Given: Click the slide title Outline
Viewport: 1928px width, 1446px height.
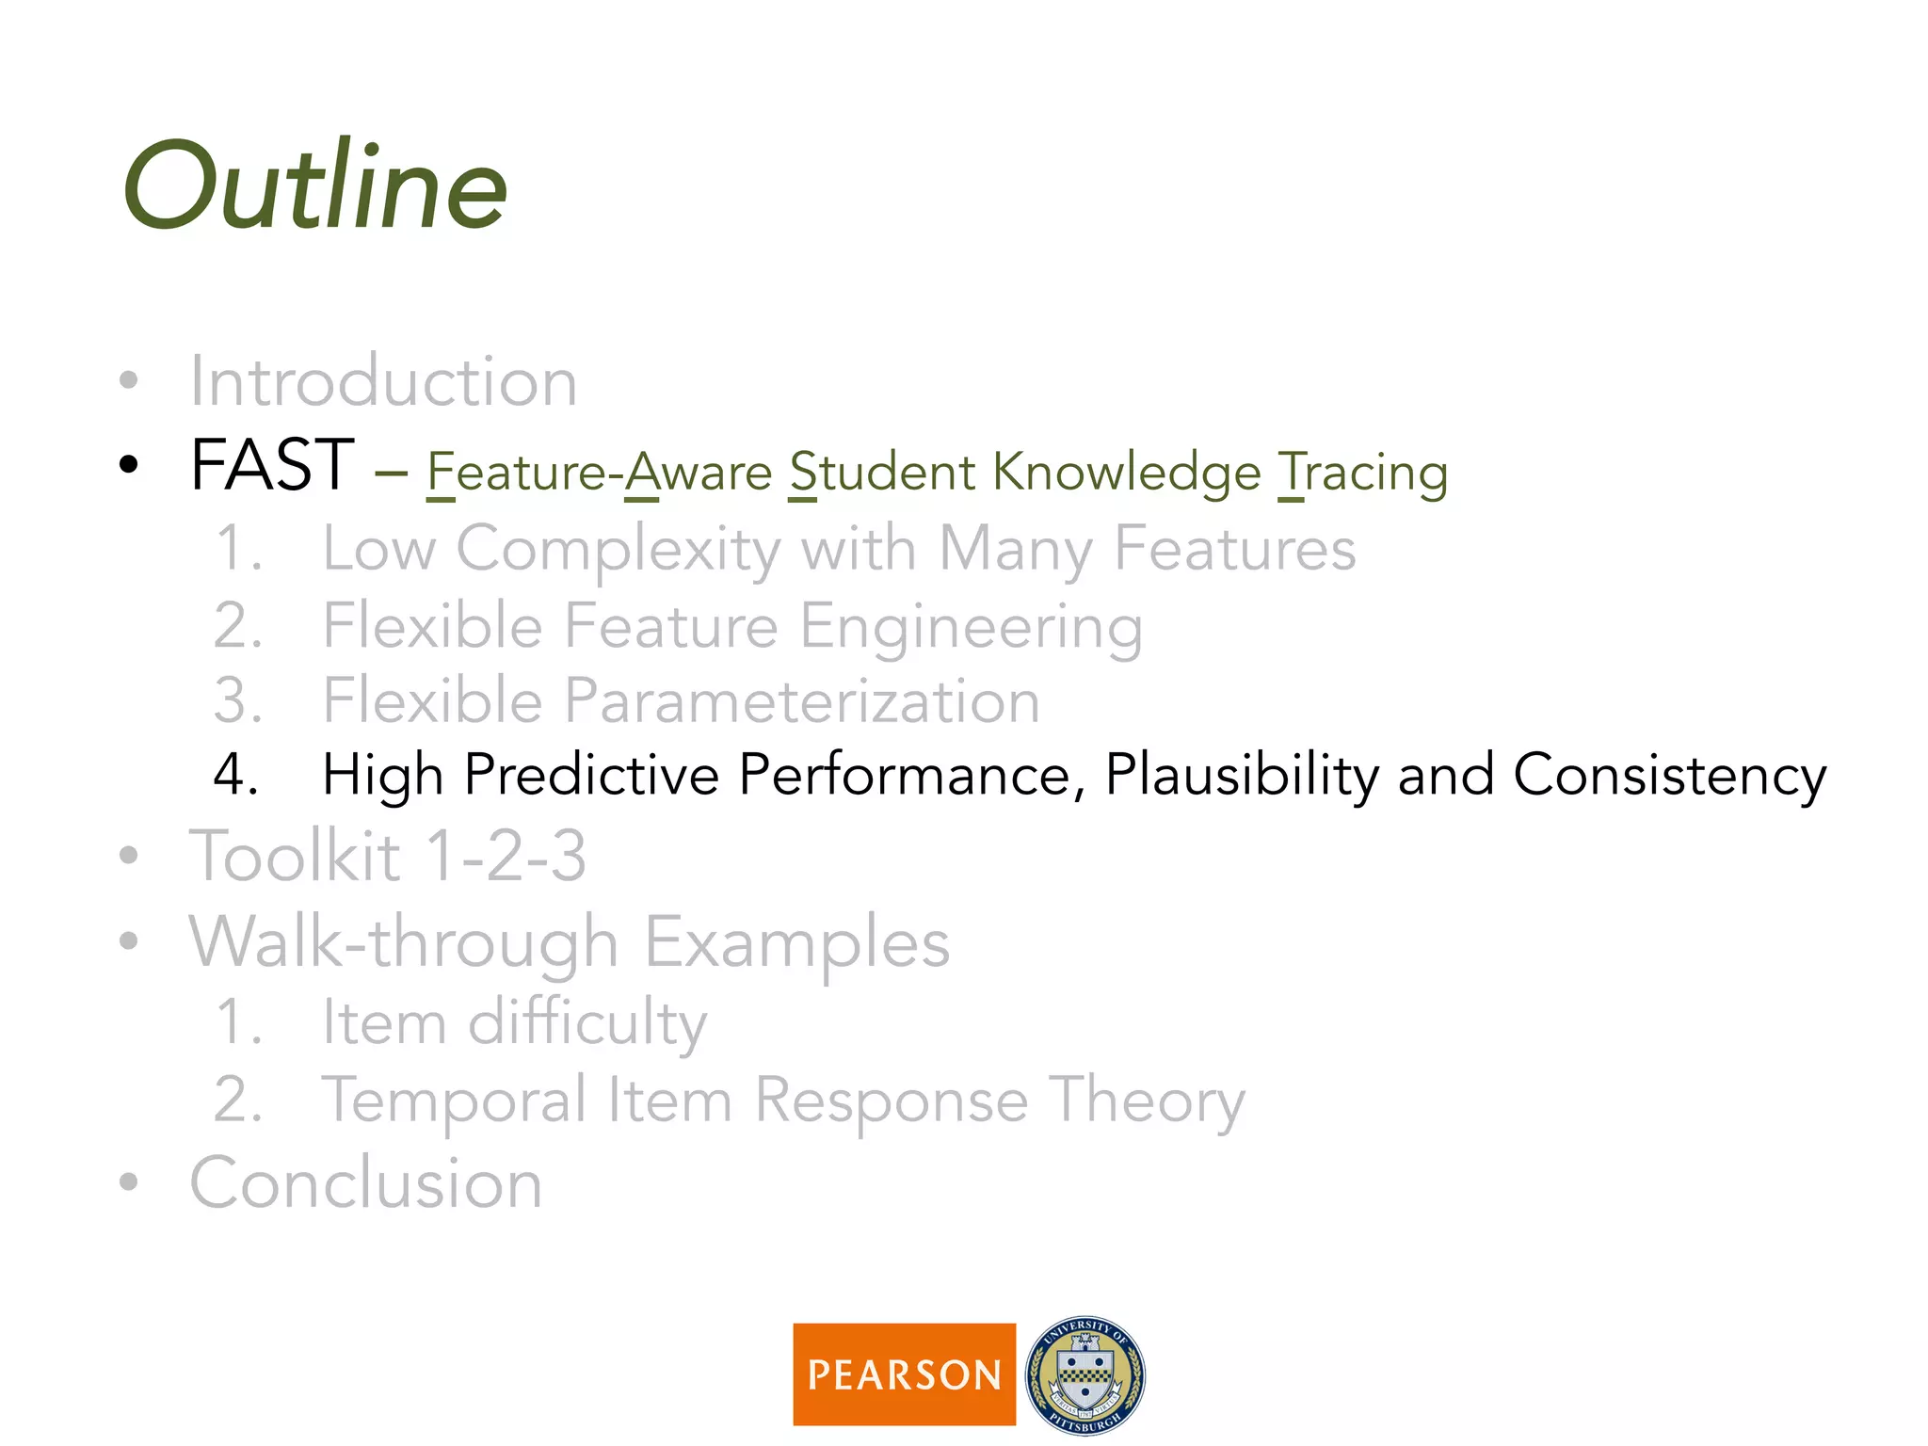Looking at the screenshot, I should pos(315,186).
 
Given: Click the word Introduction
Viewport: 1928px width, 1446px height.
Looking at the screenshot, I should pos(383,381).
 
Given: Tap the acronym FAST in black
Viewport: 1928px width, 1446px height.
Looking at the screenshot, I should pos(272,465).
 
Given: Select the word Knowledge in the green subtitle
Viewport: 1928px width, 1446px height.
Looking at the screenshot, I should pos(1127,473).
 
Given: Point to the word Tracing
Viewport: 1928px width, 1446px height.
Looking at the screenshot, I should pos(1362,473).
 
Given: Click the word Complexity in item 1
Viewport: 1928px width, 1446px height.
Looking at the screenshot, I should pos(619,550).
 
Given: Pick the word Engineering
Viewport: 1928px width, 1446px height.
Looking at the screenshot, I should pos(972,628).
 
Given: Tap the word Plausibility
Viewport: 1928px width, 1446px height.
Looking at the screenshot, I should pos(1242,777).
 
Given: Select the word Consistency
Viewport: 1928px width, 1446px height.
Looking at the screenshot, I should pos(1669,777).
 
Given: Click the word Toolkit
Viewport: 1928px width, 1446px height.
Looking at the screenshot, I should pos(296,857).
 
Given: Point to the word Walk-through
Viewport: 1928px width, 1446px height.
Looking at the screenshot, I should pos(404,942).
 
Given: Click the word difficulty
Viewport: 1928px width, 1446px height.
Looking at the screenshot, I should pos(587,1023).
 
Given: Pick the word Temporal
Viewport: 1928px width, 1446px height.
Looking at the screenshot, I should pos(455,1101).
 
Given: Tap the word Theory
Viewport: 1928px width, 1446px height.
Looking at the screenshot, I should pos(1147,1101).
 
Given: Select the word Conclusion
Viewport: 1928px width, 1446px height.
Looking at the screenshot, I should pos(366,1183).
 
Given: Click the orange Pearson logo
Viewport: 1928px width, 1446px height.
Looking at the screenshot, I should pos(904,1374).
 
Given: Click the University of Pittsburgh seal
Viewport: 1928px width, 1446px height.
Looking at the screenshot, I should pos(1084,1374).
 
